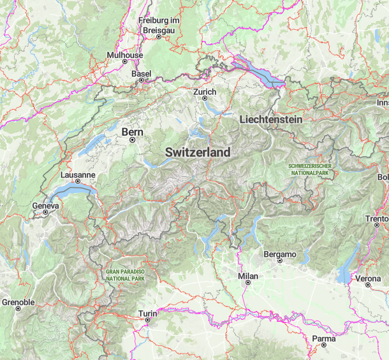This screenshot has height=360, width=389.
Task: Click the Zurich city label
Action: coord(205,92)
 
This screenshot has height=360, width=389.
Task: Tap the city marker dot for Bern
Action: coord(133,140)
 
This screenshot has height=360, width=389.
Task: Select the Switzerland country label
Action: coord(198,153)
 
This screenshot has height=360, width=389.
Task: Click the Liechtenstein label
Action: coord(270,120)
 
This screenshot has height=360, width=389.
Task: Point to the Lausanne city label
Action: coord(78,174)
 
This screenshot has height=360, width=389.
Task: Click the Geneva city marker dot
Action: coord(46,215)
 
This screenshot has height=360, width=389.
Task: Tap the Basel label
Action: coord(141,74)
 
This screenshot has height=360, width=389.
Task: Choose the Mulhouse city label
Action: coord(124,55)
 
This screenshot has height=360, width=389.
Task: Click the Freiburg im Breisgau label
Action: coord(160,25)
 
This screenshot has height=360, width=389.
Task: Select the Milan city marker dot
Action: coord(247,285)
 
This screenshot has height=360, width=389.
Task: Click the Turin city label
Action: coord(147,313)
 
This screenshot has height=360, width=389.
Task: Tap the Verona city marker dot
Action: coord(368,286)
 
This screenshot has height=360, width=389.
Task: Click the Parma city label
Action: coord(323,338)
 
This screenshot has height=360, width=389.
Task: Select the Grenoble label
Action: coord(18,301)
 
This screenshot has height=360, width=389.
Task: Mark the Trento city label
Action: coord(376,219)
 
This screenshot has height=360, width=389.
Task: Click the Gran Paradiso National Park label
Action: coord(126,275)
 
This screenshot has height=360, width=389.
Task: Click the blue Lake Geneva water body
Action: coord(70,191)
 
